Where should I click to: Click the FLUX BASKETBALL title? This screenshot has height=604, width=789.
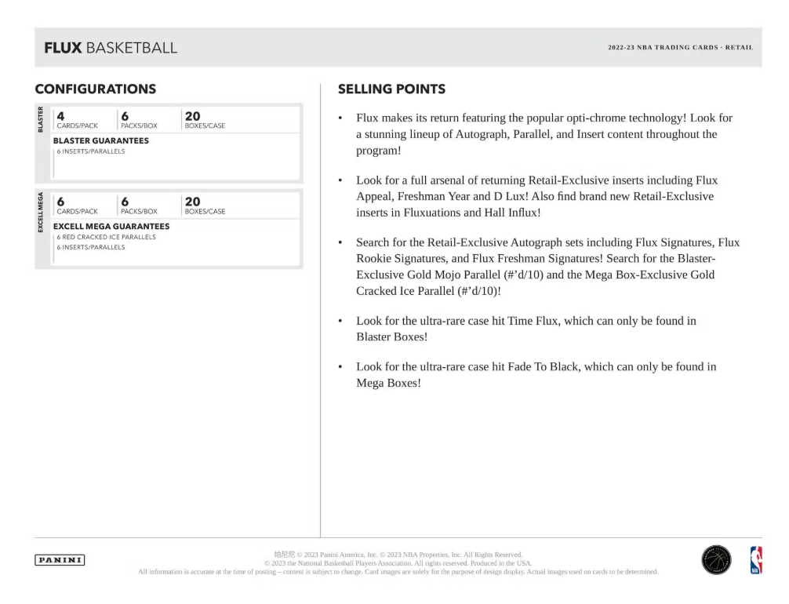tap(111, 48)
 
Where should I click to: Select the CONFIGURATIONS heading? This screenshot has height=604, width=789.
tap(95, 89)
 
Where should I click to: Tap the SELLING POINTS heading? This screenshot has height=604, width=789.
tap(391, 89)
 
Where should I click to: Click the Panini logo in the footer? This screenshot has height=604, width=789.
tap(60, 560)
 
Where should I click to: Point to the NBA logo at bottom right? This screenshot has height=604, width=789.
tap(756, 560)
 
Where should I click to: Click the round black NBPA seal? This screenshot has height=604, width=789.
tap(716, 560)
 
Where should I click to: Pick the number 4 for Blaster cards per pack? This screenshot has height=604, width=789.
tap(60, 115)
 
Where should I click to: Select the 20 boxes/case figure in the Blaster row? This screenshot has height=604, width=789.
tap(191, 115)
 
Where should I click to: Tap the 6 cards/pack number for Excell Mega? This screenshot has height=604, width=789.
tap(60, 201)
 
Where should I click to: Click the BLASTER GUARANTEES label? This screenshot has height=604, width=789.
tap(100, 140)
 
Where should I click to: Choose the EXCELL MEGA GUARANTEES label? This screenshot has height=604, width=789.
tap(111, 226)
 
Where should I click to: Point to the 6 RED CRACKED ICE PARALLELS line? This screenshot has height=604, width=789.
tap(106, 237)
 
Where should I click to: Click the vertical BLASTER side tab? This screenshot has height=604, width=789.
tap(41, 118)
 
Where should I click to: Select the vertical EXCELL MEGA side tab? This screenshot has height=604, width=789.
tap(41, 212)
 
